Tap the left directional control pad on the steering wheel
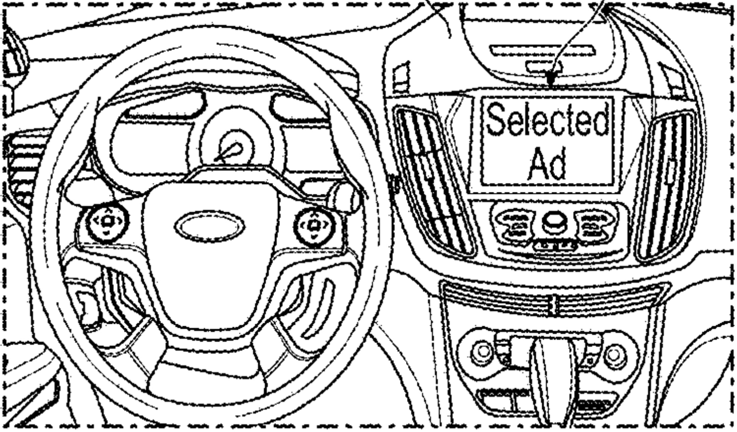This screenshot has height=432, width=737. (107, 221)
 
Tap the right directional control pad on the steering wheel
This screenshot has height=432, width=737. (314, 226)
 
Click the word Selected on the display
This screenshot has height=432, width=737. (547, 119)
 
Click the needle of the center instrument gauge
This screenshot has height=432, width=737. (229, 153)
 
